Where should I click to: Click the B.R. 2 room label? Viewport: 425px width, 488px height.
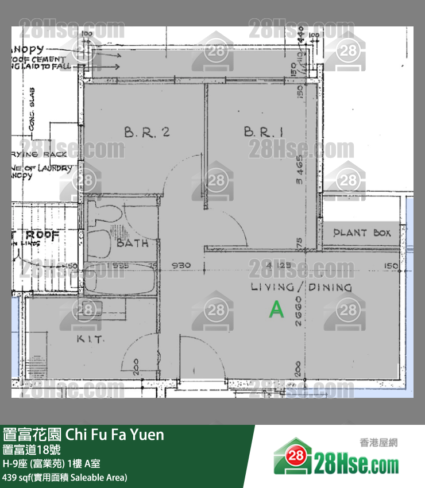(x=146, y=132)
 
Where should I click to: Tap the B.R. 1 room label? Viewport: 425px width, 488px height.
(x=264, y=132)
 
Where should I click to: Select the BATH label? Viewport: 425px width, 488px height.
(x=133, y=243)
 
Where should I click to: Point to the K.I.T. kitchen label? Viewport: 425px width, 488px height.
(x=90, y=339)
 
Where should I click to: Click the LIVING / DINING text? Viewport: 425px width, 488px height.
(x=301, y=286)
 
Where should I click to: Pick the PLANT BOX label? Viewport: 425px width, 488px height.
(x=362, y=233)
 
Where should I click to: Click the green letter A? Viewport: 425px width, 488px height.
(x=277, y=310)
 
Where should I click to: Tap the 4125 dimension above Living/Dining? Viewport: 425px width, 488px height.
(x=273, y=266)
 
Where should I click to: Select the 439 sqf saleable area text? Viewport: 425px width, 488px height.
(x=65, y=477)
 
